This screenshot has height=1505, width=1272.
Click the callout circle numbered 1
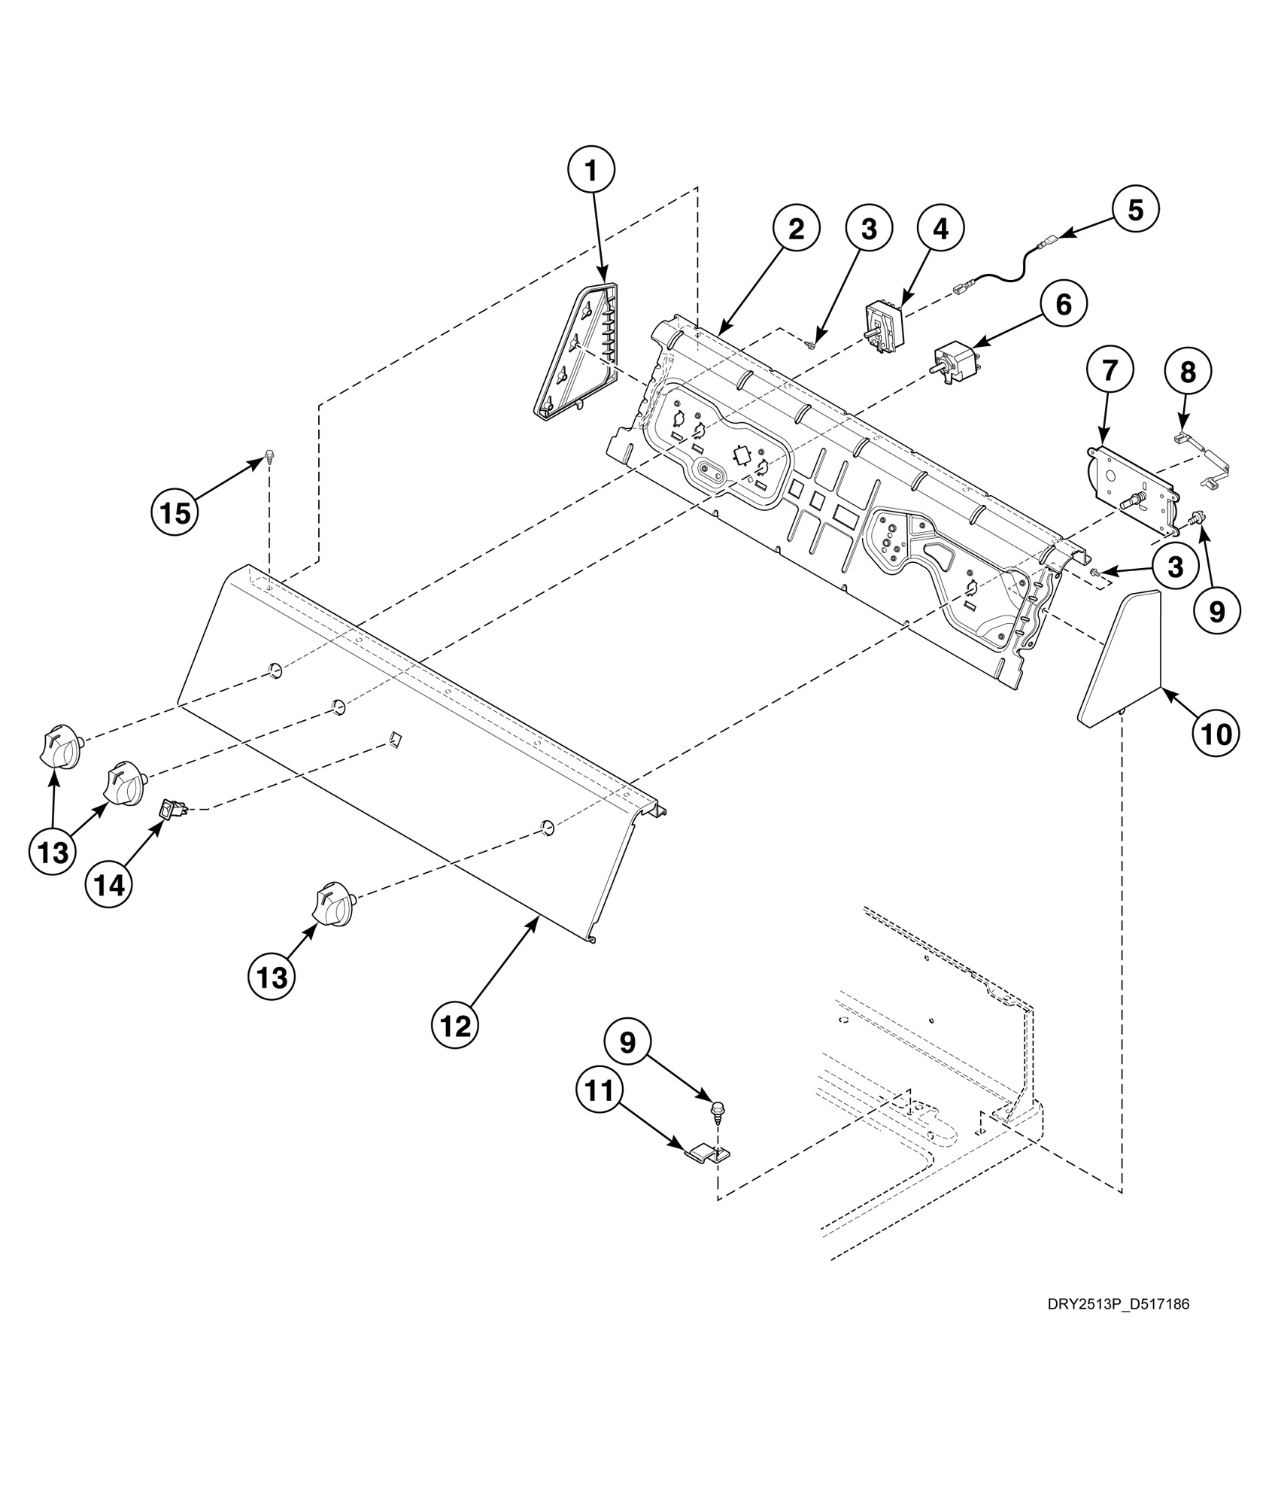[x=590, y=172]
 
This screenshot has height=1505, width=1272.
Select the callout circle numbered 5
[x=1134, y=209]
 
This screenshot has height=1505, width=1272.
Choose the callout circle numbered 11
[x=600, y=1090]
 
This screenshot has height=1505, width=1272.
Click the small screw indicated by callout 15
[x=269, y=455]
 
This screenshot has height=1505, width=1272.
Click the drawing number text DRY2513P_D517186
[x=1118, y=1304]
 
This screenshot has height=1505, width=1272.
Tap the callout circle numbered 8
[x=1187, y=372]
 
